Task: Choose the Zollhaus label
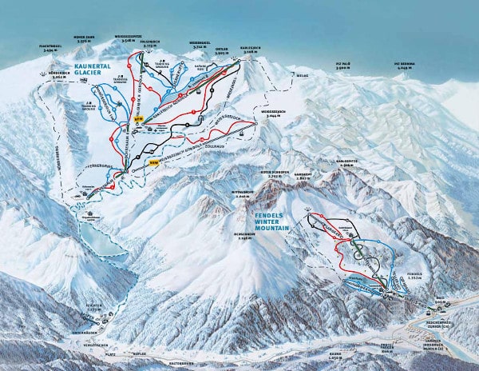tap(212, 146)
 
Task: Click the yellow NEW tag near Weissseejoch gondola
tap(155, 162)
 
